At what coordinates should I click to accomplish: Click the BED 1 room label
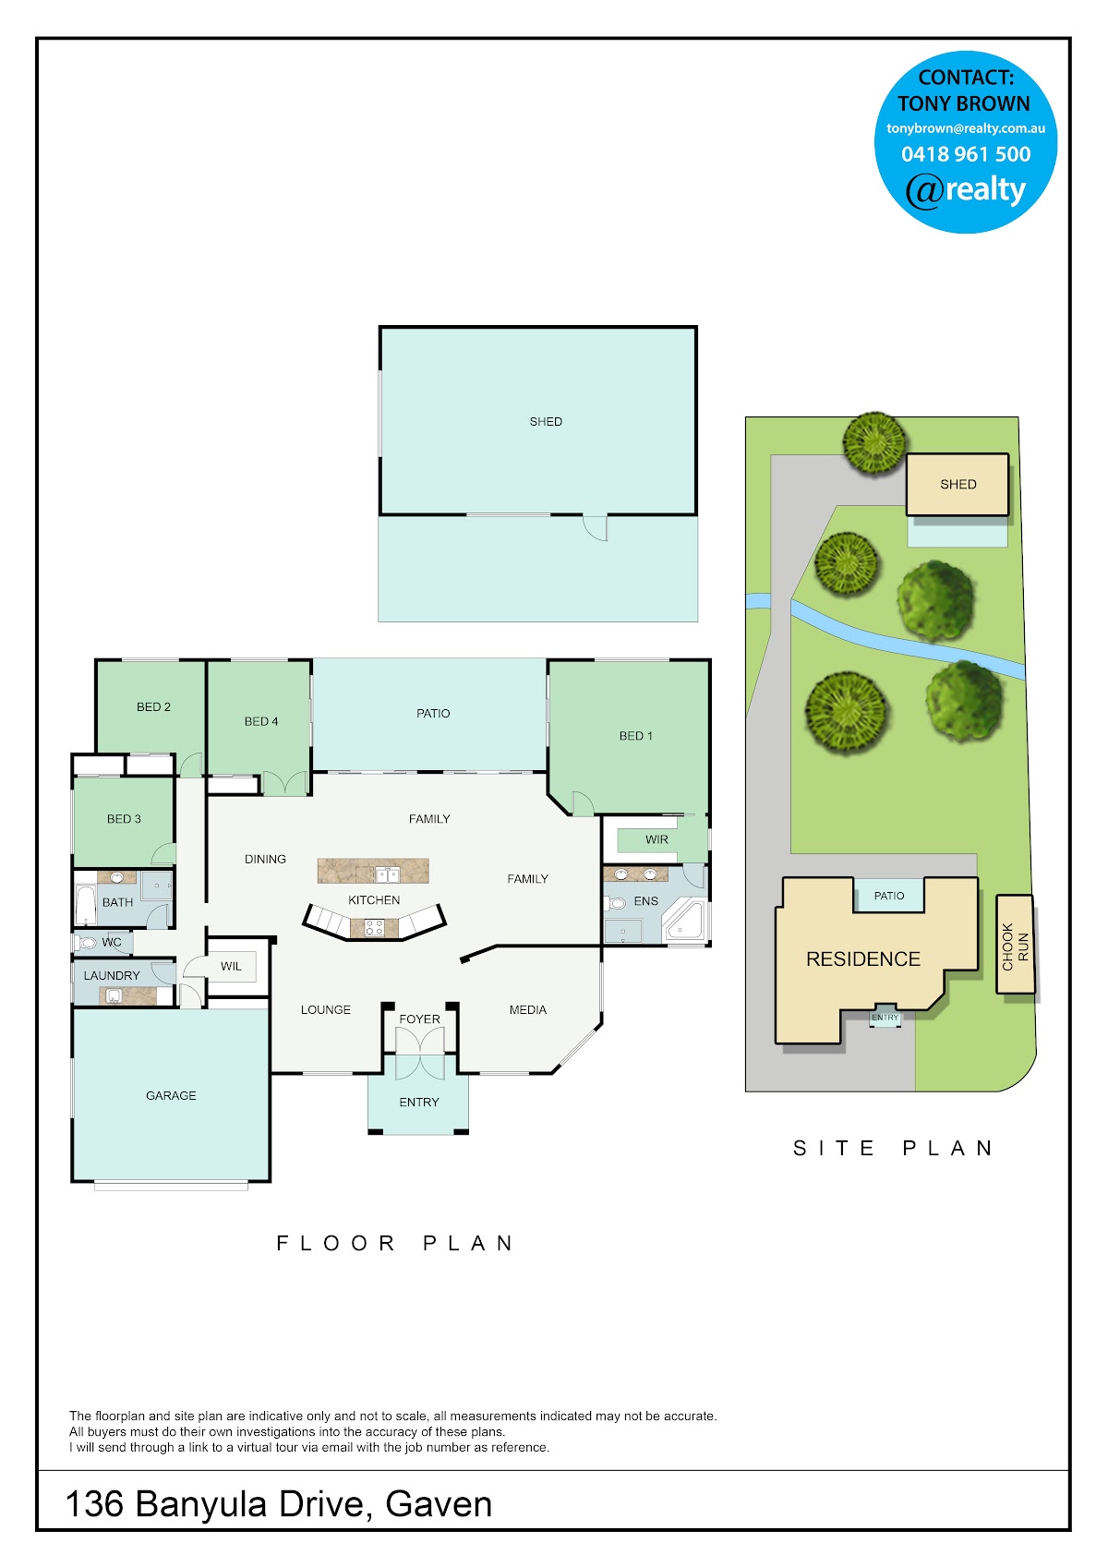click(635, 736)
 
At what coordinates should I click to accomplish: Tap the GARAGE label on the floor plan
click(171, 1095)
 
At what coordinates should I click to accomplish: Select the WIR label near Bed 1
click(656, 839)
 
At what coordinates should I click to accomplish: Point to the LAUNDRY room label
click(112, 975)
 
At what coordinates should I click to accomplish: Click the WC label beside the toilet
click(112, 942)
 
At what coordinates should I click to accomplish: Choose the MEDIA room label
click(527, 1009)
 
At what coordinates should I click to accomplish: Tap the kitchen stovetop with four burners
click(374, 928)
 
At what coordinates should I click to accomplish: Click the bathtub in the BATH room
click(85, 905)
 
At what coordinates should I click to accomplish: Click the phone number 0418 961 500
click(965, 154)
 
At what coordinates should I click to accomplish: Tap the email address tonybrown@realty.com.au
click(965, 128)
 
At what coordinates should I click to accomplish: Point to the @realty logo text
click(965, 190)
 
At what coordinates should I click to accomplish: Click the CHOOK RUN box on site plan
click(1015, 944)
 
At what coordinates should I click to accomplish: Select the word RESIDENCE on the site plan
click(863, 959)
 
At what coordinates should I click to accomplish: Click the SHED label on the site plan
click(957, 484)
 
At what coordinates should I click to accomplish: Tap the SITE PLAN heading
click(893, 1148)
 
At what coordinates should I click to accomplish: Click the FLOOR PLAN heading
click(395, 1243)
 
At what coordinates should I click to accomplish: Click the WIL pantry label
click(231, 966)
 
